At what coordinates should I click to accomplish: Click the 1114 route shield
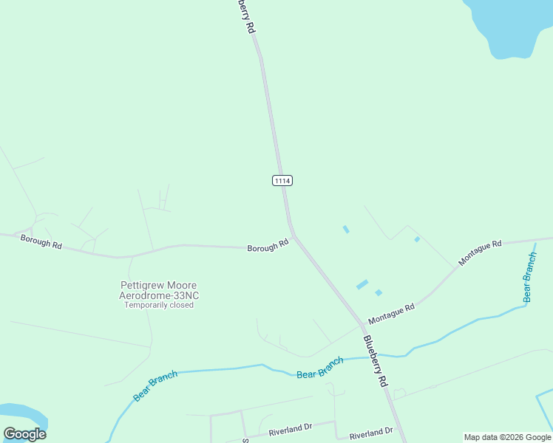(282, 180)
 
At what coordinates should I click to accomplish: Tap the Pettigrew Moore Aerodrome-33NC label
(159, 290)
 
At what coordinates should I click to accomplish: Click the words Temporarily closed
(159, 305)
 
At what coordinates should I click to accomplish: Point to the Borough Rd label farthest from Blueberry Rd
(41, 241)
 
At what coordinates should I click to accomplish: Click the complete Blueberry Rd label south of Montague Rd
(376, 361)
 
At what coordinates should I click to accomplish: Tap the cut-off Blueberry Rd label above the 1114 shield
(246, 15)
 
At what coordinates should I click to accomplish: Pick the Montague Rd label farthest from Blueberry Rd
(480, 253)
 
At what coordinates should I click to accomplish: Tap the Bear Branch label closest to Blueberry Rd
(320, 368)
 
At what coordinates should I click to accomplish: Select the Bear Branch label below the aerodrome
(155, 386)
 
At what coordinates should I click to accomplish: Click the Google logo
(24, 434)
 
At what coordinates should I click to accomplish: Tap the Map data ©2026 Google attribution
(508, 437)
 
